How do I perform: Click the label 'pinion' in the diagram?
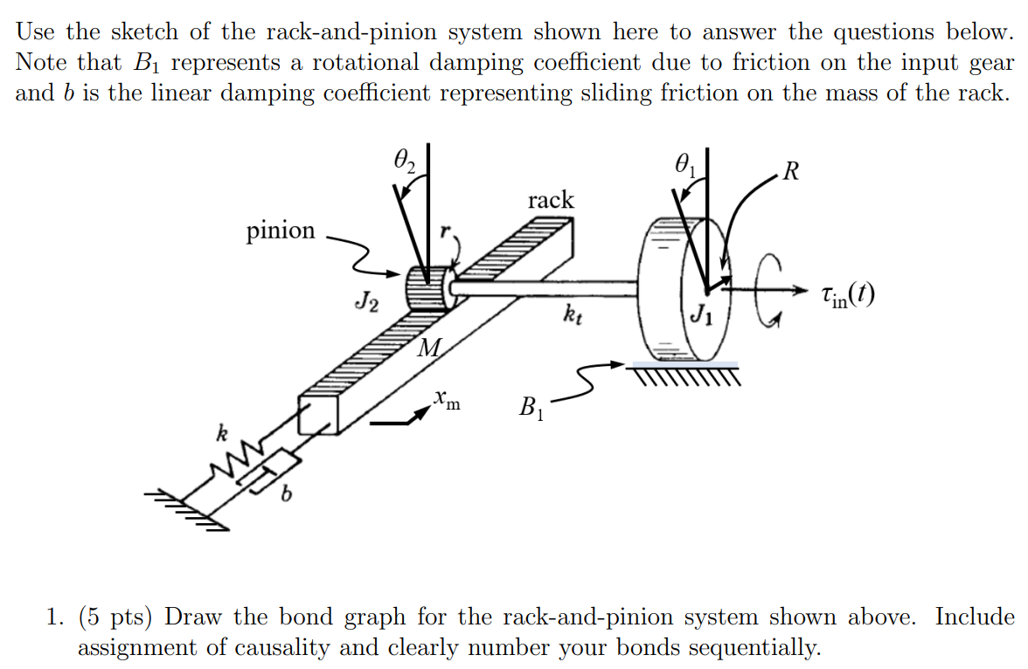280,231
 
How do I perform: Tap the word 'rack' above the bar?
551,200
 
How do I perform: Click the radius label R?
790,169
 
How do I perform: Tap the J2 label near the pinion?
367,303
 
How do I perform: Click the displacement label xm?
448,403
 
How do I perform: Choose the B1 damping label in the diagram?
531,407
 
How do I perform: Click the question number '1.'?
55,617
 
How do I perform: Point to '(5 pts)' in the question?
117,617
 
